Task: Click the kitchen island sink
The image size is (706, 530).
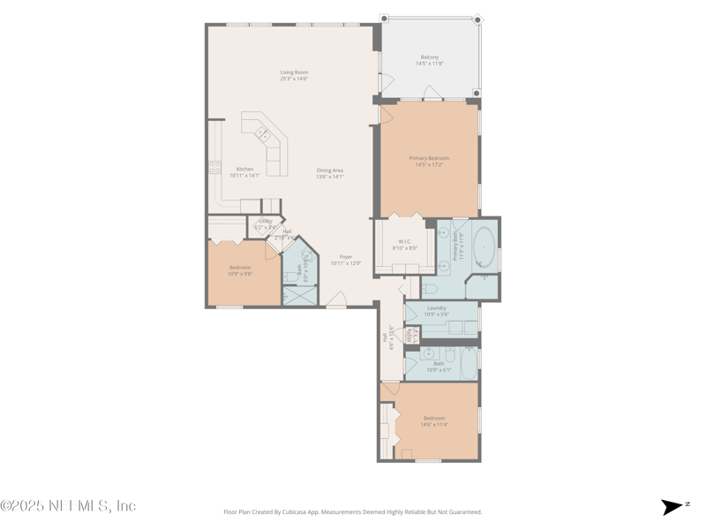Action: tap(263, 133)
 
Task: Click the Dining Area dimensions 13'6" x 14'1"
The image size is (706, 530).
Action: tap(330, 177)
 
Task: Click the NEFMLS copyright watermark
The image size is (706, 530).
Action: tap(68, 506)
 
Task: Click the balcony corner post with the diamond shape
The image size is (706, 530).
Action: tap(477, 19)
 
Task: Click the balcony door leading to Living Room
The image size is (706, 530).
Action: tap(382, 82)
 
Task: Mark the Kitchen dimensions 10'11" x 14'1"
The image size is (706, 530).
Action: tap(244, 175)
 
